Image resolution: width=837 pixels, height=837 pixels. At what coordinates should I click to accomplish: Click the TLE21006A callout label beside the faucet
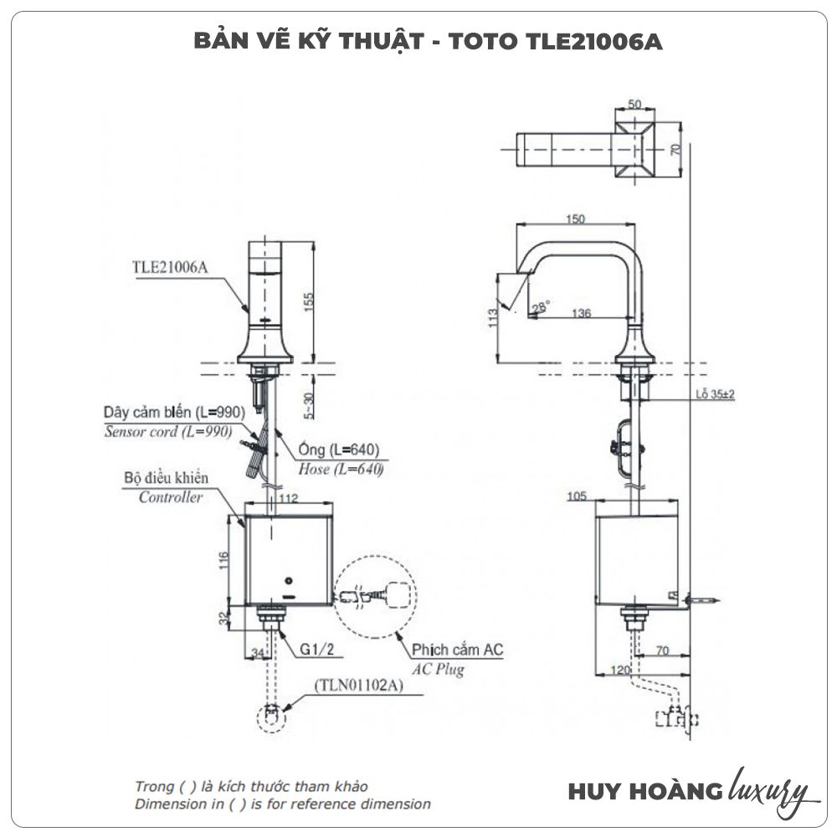[x=169, y=268]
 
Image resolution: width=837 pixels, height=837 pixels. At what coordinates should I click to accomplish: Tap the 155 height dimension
[x=307, y=301]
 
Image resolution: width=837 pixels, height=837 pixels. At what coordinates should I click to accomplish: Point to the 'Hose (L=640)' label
[x=341, y=470]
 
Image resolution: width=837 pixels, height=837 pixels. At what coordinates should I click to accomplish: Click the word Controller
[x=171, y=497]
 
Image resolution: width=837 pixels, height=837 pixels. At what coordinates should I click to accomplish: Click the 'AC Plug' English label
[x=438, y=670]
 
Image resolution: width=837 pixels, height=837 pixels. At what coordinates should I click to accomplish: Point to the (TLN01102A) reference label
[x=359, y=685]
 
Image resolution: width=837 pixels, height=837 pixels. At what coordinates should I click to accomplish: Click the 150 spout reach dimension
[x=573, y=218]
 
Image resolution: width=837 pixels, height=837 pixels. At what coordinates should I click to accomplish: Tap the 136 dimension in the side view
[x=583, y=314]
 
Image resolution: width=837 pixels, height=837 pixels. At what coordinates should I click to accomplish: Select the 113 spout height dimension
[x=494, y=317]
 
